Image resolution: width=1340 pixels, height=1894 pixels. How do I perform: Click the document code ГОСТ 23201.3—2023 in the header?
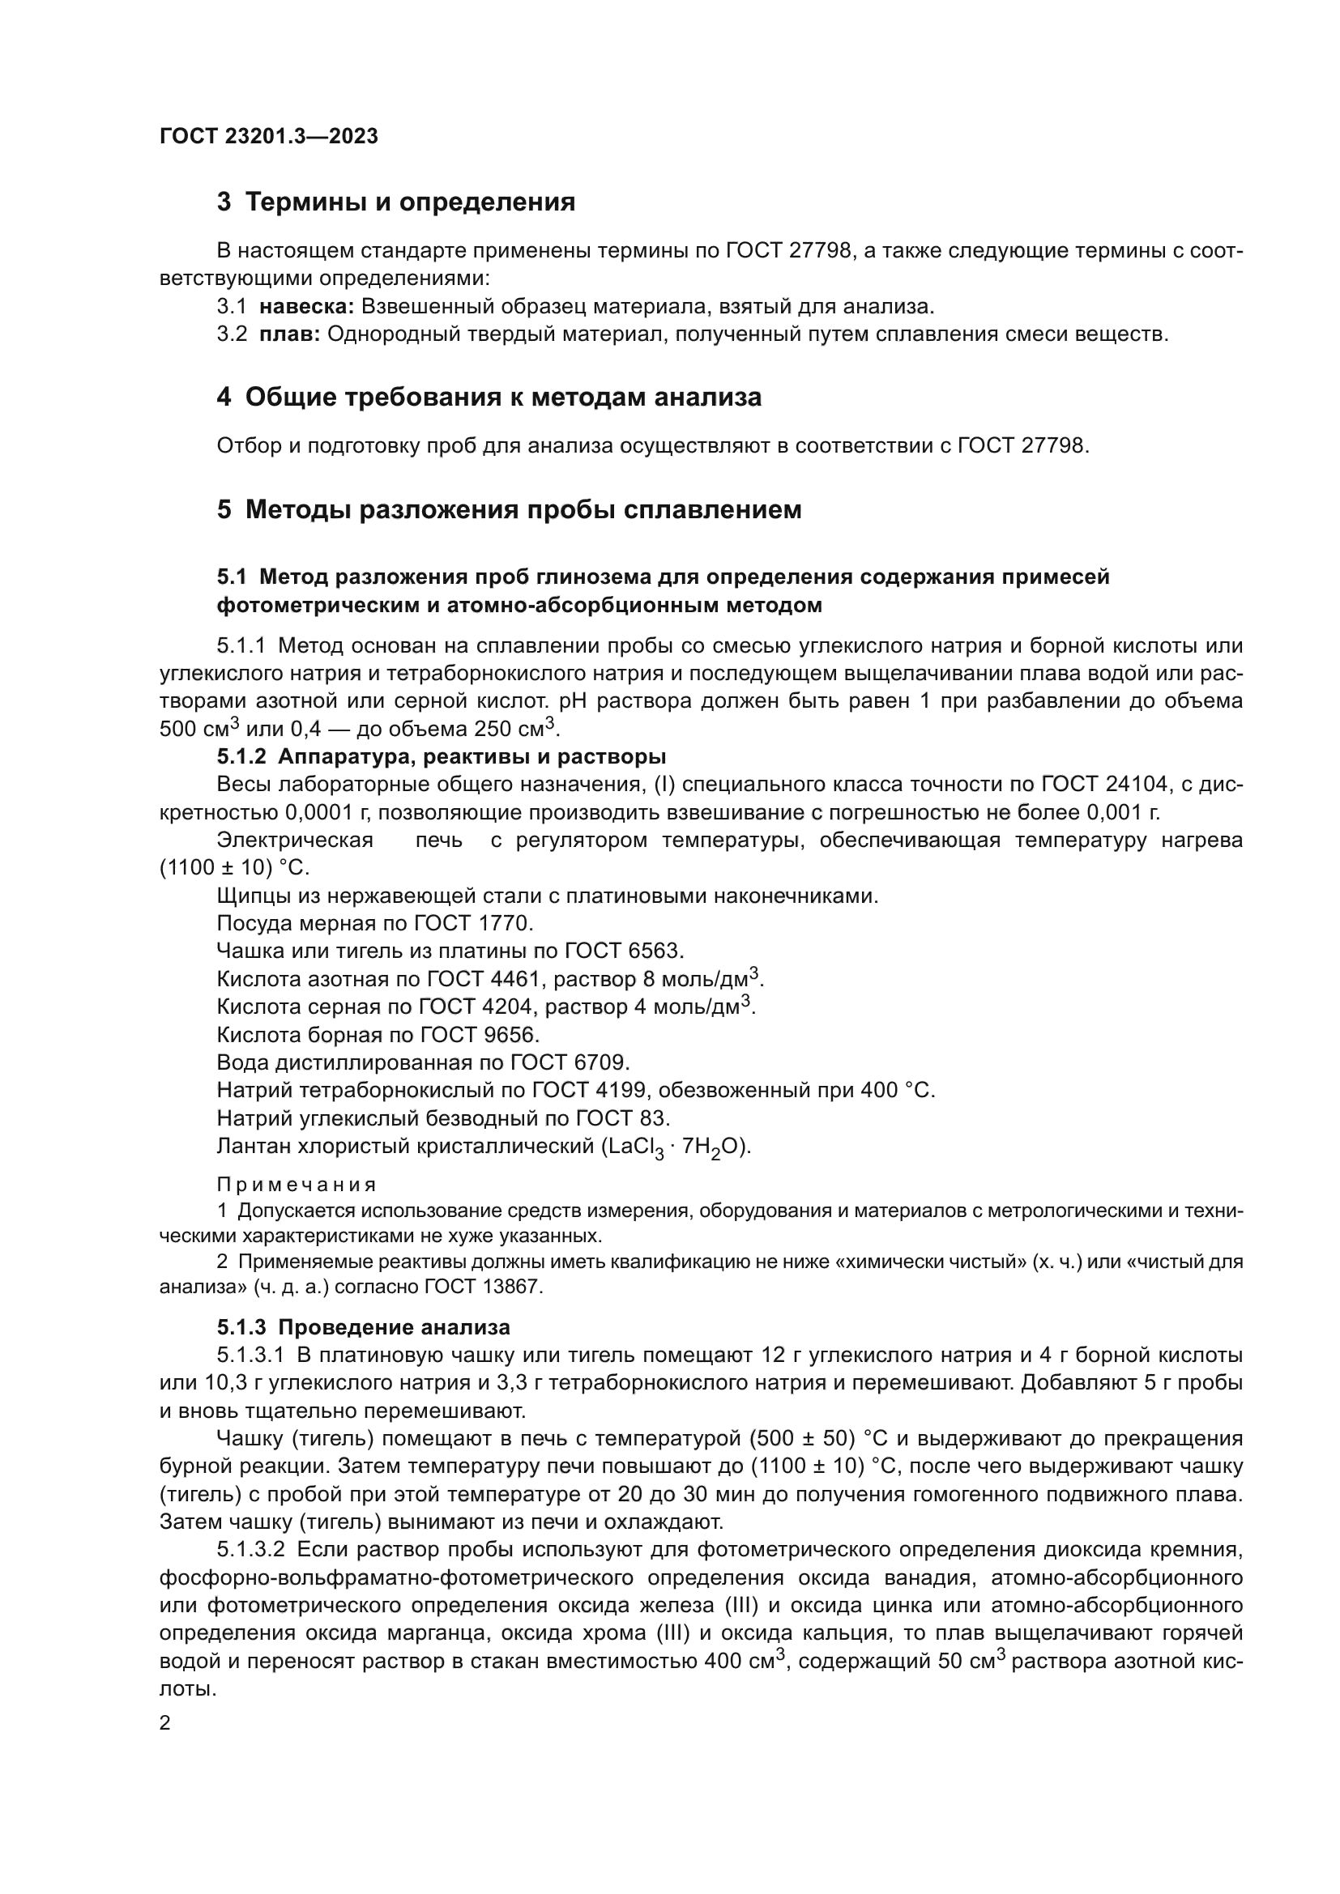click(x=268, y=136)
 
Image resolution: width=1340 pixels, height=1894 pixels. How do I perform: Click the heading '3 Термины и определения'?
click(x=396, y=202)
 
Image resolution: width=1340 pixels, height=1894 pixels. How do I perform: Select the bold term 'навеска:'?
click(x=306, y=307)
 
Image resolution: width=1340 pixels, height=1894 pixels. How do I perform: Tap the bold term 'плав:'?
click(x=288, y=335)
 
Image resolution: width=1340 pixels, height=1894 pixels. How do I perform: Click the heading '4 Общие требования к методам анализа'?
click(x=489, y=398)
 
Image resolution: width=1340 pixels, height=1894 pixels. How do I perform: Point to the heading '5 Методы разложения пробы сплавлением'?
click(x=509, y=510)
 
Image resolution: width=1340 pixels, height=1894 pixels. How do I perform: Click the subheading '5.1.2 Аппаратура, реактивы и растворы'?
click(x=442, y=756)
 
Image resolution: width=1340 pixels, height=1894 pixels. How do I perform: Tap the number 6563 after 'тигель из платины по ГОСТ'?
click(x=655, y=951)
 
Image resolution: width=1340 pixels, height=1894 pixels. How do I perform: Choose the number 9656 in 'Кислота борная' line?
click(x=512, y=1034)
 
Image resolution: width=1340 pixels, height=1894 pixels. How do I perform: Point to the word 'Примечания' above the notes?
click(x=297, y=1185)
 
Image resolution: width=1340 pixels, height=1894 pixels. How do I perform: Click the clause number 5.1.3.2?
click(x=251, y=1550)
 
